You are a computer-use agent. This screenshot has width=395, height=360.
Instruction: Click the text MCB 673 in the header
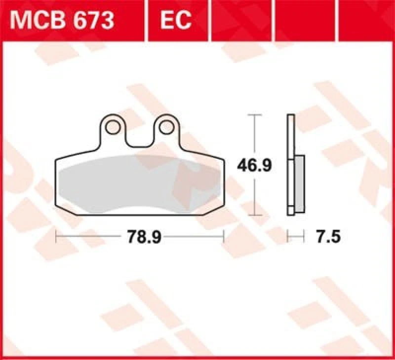coord(62,20)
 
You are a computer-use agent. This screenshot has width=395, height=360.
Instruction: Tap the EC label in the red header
coord(176,20)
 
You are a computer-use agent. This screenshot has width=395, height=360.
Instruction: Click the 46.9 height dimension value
coord(254,165)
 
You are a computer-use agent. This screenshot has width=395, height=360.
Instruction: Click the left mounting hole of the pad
coord(113,127)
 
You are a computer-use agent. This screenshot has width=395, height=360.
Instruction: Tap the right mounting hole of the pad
coord(166,127)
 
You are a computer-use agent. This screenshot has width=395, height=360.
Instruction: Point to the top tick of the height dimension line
coord(254,115)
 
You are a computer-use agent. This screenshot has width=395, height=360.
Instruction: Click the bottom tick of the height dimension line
coord(254,215)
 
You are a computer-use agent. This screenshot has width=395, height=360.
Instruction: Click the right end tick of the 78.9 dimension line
coord(224,238)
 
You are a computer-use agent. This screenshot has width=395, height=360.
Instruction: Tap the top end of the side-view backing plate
coord(290,117)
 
